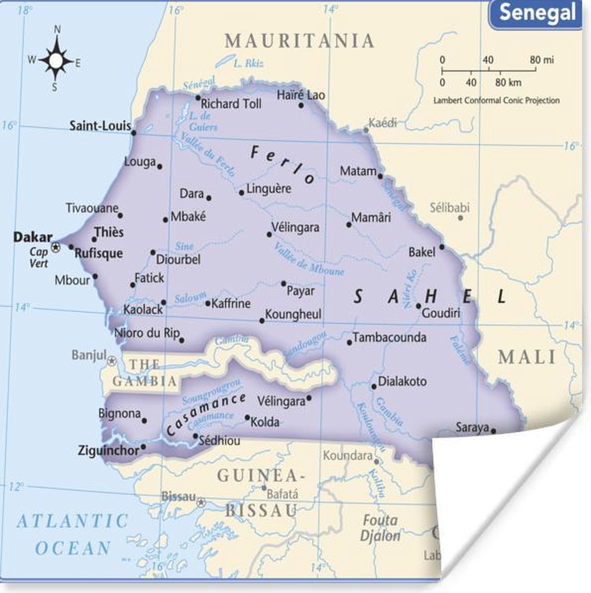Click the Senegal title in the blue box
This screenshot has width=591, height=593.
pyautogui.click(x=537, y=12)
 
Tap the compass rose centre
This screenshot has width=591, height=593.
pyautogui.click(x=56, y=61)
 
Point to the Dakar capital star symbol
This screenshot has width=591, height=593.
pyautogui.click(x=56, y=246)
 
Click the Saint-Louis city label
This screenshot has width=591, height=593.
pyautogui.click(x=100, y=126)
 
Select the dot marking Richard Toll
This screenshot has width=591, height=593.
pyautogui.click(x=198, y=98)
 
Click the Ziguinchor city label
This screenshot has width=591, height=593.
pyautogui.click(x=109, y=450)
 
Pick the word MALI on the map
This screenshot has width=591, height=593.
pyautogui.click(x=527, y=357)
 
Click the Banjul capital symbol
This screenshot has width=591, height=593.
pyautogui.click(x=113, y=360)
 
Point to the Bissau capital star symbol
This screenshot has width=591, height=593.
pyautogui.click(x=201, y=503)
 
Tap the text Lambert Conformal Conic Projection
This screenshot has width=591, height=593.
pyautogui.click(x=496, y=100)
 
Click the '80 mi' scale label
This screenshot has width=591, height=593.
pyautogui.click(x=542, y=60)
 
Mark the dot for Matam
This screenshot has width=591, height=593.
pyautogui.click(x=380, y=176)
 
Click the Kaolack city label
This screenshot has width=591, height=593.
pyautogui.click(x=143, y=310)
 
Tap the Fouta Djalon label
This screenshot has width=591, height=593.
pyautogui.click(x=380, y=528)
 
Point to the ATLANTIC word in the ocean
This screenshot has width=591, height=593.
pyautogui.click(x=73, y=521)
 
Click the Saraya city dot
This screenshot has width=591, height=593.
pyautogui.click(x=493, y=430)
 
